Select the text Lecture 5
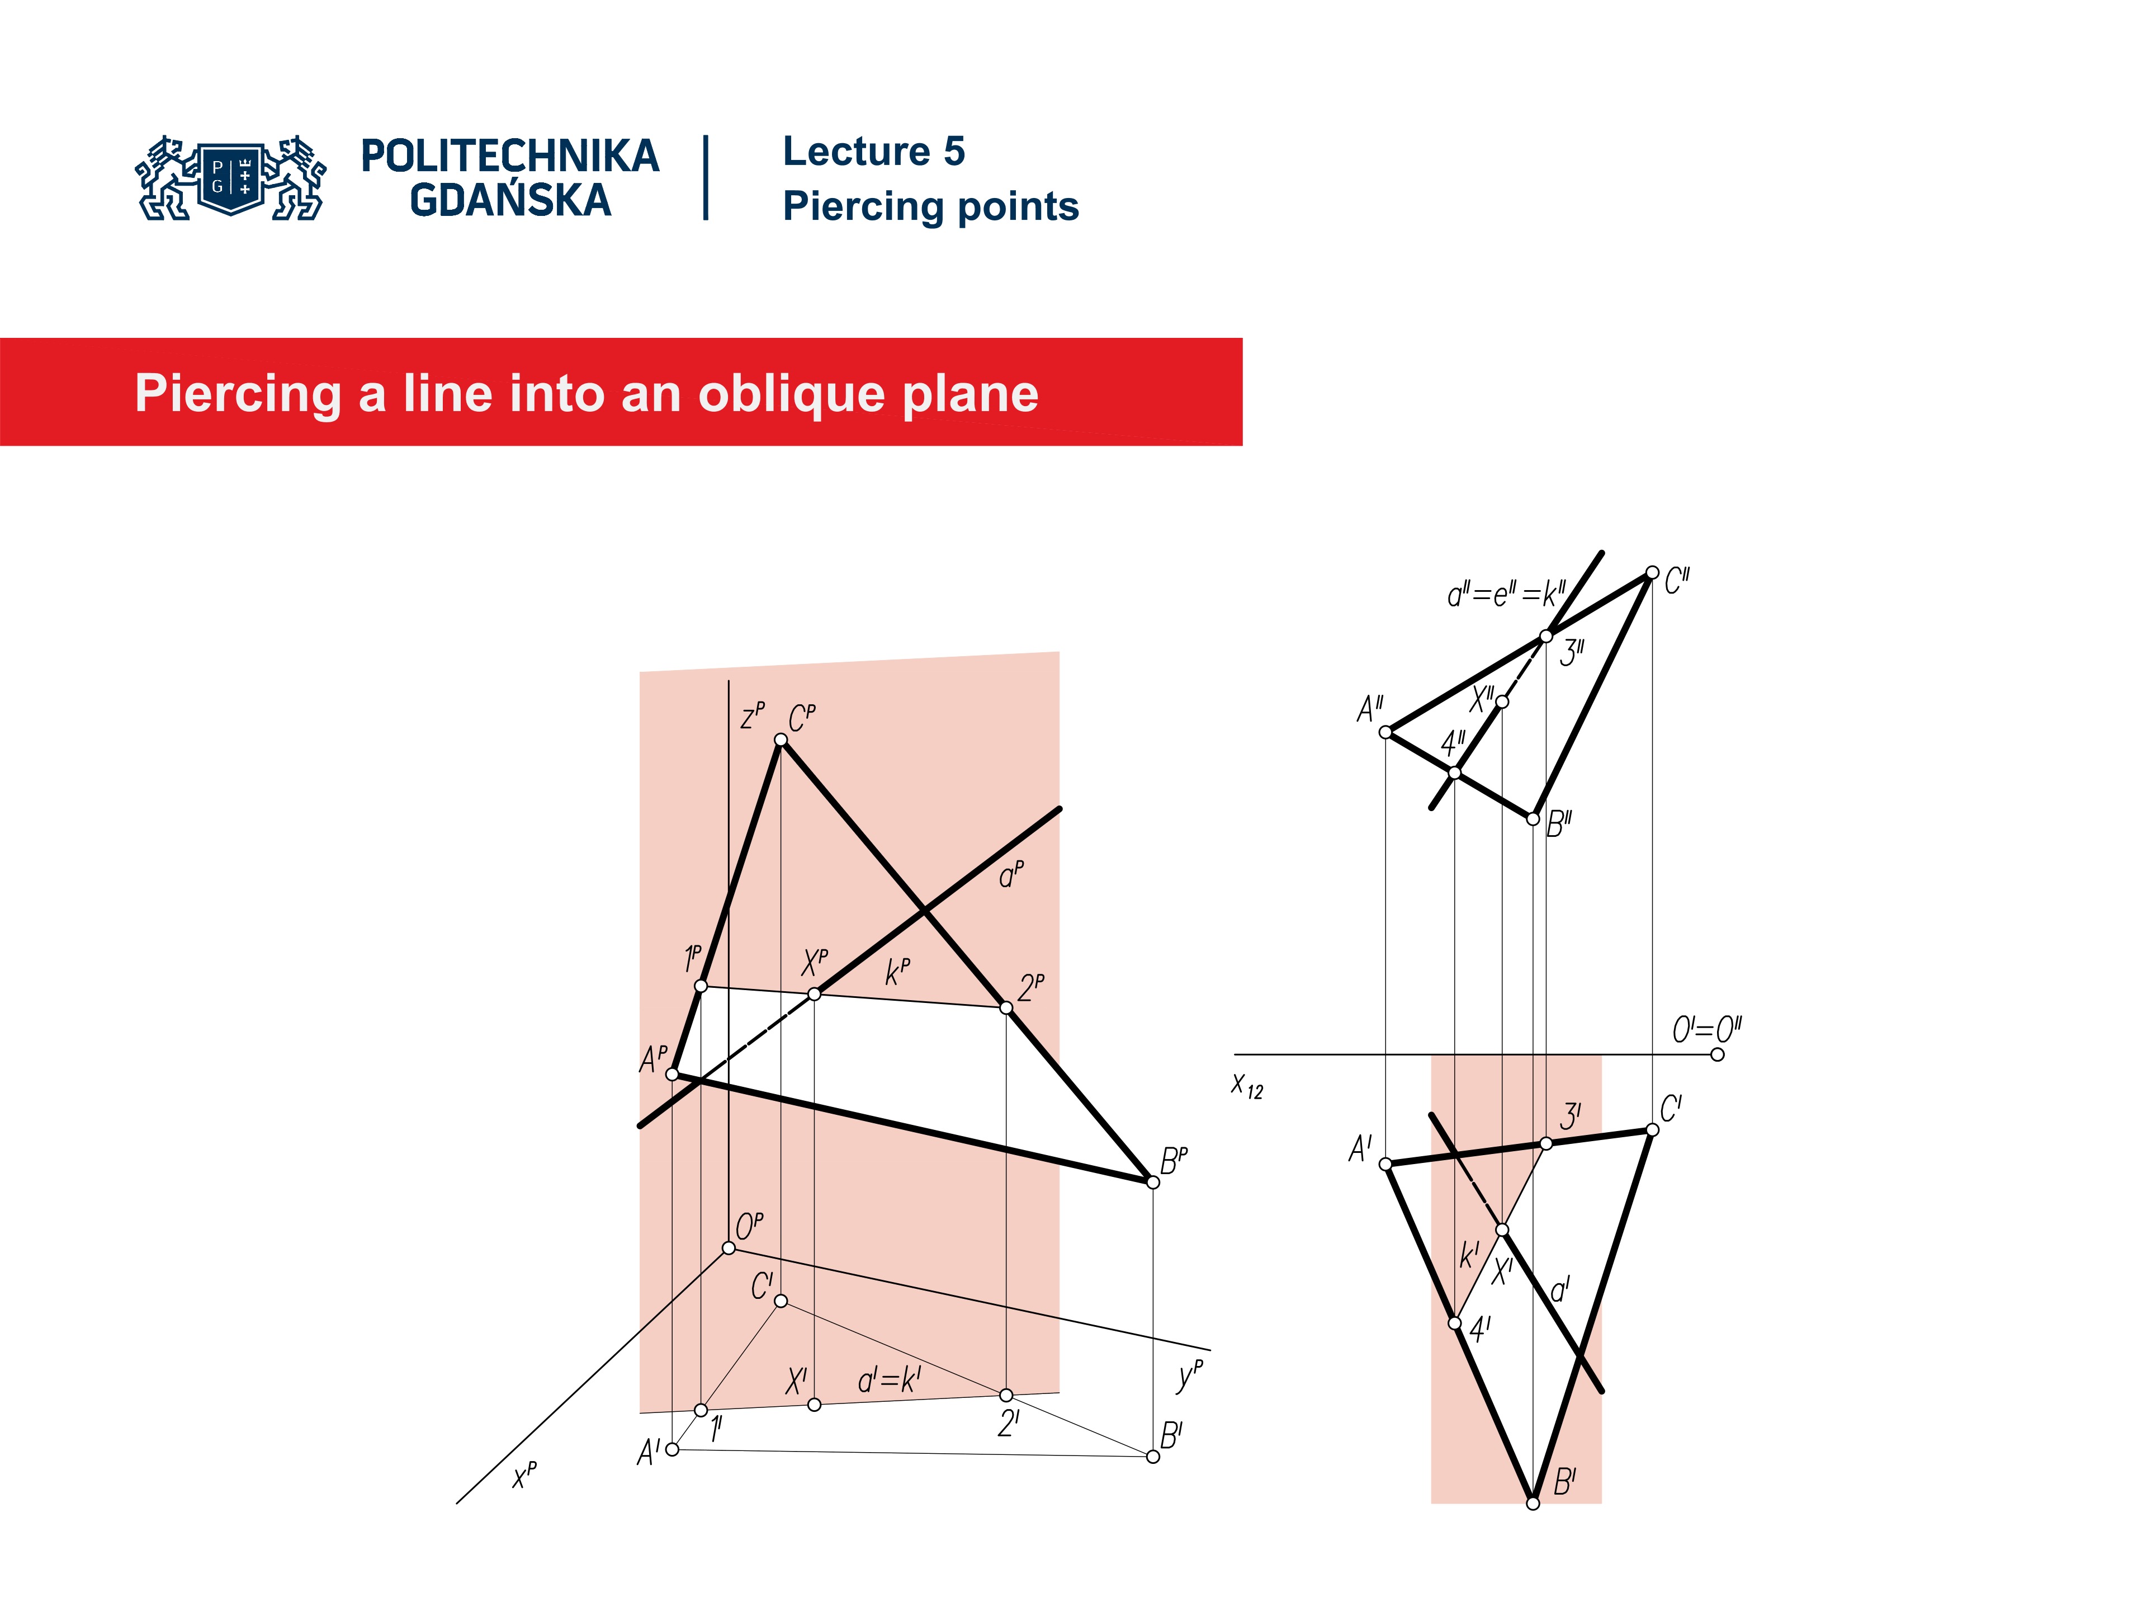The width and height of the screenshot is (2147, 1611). point(873,152)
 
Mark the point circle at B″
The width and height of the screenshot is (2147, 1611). point(1533,818)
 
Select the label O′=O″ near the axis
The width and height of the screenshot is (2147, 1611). point(1706,1029)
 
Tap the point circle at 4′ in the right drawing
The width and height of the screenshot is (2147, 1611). point(1454,1322)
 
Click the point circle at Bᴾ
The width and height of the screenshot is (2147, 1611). point(1153,1182)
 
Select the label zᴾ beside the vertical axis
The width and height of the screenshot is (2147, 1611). point(752,715)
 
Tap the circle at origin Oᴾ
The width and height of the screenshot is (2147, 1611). point(729,1248)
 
